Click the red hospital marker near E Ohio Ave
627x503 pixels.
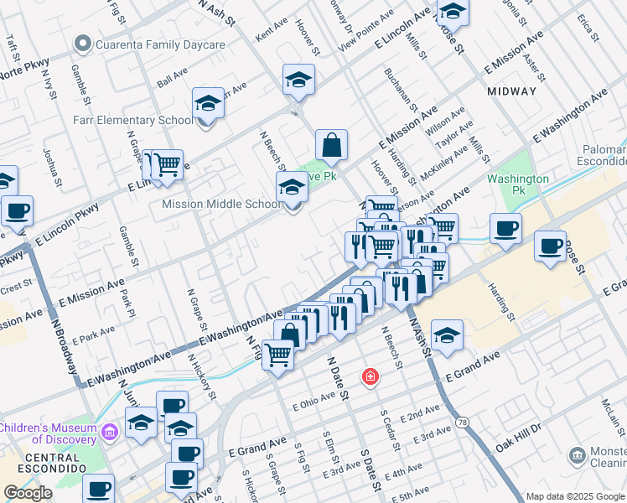click(x=369, y=378)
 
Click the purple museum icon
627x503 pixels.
click(x=109, y=433)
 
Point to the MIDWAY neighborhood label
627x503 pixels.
click(x=510, y=91)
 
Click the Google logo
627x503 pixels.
click(x=28, y=493)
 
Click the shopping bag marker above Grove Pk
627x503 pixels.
click(x=332, y=144)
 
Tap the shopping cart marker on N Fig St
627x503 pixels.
click(x=277, y=354)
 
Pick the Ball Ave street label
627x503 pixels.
click(x=172, y=80)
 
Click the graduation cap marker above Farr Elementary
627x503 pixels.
click(x=208, y=104)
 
